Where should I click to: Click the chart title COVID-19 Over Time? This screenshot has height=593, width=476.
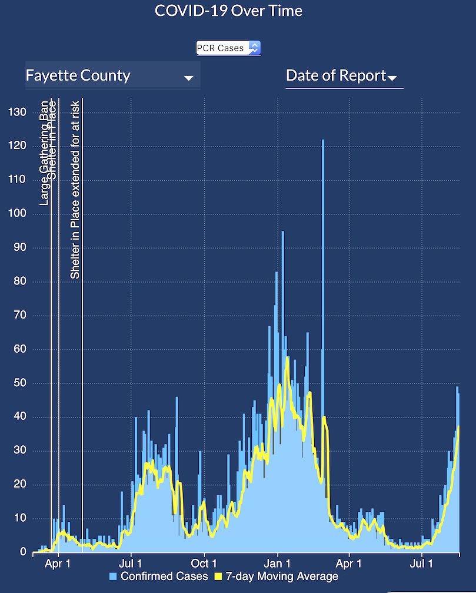(228, 11)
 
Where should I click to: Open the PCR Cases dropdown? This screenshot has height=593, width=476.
(228, 48)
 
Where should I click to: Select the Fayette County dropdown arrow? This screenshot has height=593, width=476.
(188, 78)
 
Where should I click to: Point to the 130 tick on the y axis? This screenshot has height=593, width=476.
(18, 112)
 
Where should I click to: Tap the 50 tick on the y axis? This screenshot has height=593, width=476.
(20, 383)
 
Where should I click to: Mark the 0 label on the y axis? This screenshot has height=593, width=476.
(23, 552)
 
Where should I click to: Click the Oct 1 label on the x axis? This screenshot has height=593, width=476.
(204, 564)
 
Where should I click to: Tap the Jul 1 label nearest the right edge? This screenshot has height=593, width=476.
(422, 564)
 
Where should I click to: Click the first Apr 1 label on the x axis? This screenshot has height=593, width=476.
(58, 564)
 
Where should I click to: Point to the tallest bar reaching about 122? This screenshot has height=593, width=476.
(322, 141)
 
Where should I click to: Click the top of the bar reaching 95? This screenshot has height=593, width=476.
(282, 233)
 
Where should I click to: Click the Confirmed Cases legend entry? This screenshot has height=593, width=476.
(164, 577)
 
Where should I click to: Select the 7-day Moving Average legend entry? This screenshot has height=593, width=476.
(282, 577)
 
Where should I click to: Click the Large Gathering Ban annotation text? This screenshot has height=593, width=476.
(44, 153)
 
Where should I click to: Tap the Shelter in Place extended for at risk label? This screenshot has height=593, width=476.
(75, 194)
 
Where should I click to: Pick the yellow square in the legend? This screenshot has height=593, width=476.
(219, 577)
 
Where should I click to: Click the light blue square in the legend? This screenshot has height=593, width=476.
(114, 577)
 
